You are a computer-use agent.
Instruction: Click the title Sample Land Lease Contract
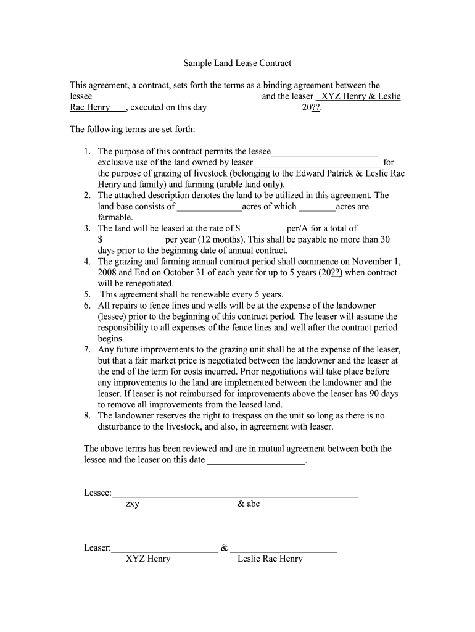coord(238,63)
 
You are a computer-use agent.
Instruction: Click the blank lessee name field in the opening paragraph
coord(176,97)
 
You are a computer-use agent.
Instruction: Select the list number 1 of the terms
coord(88,151)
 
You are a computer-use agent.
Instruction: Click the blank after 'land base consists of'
coord(209,207)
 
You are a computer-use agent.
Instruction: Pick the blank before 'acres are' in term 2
coord(317,207)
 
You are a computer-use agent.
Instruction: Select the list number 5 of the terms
coord(88,295)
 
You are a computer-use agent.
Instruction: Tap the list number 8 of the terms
coord(88,416)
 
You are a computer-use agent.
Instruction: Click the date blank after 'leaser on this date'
coord(256,460)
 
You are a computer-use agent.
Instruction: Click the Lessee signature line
coord(235,493)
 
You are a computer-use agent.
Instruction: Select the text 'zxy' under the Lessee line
coord(133,504)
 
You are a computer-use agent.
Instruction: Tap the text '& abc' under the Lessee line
coord(249,504)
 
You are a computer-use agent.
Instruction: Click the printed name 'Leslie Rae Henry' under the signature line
coord(270,559)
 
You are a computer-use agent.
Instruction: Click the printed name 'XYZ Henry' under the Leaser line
coord(148,559)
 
